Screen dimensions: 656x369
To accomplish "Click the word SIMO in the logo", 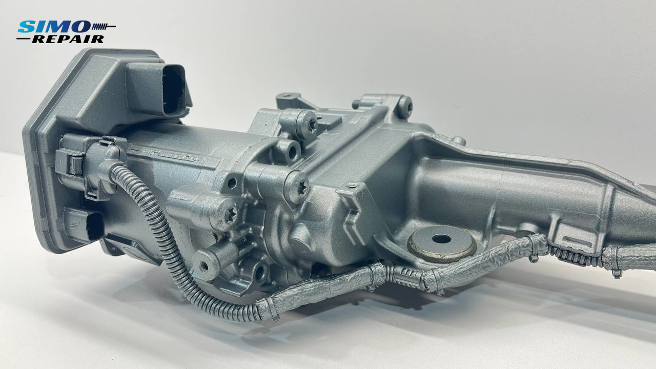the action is point(54,27).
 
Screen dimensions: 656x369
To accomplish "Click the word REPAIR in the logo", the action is point(68,39).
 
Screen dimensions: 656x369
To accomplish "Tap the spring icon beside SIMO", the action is point(104,27).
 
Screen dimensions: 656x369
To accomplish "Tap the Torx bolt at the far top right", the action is point(405,107).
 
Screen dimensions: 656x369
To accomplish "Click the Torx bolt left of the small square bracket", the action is point(298,187).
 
